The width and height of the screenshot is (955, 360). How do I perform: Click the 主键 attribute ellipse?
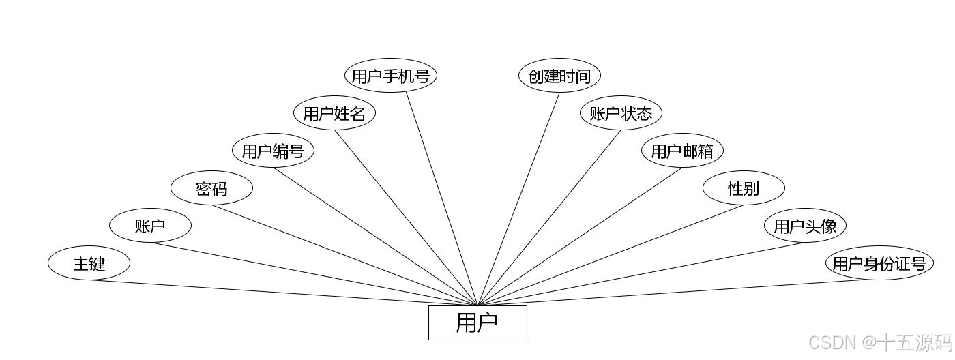coord(89,263)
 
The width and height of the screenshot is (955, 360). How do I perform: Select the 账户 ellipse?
coord(150,226)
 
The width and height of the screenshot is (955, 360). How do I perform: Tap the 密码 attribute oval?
coord(211,189)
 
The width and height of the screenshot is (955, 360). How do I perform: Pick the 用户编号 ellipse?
coord(273,151)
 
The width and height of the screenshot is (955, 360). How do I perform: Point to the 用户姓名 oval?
coord(334,113)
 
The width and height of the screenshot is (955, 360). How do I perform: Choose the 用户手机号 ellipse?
coord(390,76)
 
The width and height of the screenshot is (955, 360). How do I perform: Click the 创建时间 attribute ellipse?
coord(559,76)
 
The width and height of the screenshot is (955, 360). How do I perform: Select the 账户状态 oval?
coord(621,113)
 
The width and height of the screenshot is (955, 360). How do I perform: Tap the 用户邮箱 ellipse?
coord(682,151)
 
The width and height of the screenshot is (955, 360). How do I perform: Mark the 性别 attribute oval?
coord(744,189)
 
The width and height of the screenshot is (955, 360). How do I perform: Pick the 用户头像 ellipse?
coord(805,226)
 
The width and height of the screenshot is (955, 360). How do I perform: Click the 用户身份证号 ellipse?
coord(879,263)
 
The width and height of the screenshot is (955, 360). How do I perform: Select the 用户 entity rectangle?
coord(477,322)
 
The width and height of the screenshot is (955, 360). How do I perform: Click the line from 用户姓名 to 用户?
coord(406,217)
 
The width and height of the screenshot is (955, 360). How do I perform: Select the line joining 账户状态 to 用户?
coord(549,217)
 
